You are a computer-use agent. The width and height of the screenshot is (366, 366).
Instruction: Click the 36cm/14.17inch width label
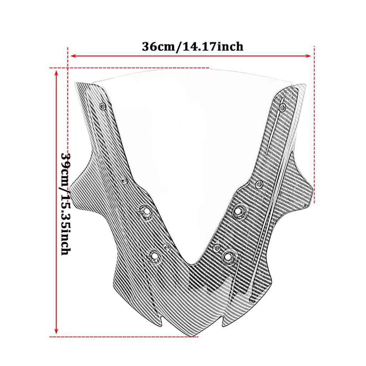(193, 46)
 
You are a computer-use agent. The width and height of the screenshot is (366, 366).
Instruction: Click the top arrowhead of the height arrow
(56, 72)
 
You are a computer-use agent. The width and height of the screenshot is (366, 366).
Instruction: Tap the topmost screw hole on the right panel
(283, 107)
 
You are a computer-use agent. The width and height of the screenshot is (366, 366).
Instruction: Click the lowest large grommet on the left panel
(154, 255)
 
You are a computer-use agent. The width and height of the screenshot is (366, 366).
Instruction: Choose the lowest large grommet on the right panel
(228, 256)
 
